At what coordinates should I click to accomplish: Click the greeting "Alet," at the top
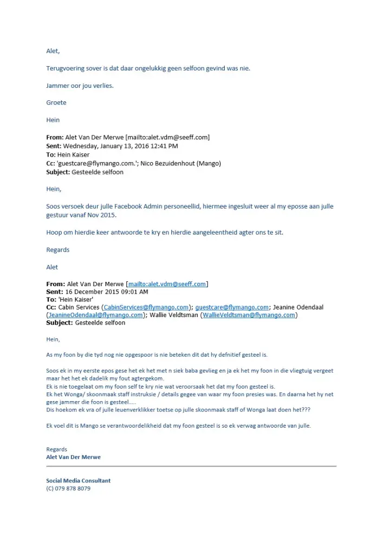53,51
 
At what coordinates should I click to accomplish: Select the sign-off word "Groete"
56,102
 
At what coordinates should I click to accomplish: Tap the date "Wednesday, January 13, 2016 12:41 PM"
120,146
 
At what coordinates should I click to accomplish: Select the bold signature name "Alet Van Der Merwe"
73,457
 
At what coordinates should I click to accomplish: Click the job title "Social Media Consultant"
78,480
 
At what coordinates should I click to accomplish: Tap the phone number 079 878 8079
73,488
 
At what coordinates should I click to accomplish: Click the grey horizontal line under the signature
191,466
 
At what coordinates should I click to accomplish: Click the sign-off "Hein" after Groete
53,120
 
